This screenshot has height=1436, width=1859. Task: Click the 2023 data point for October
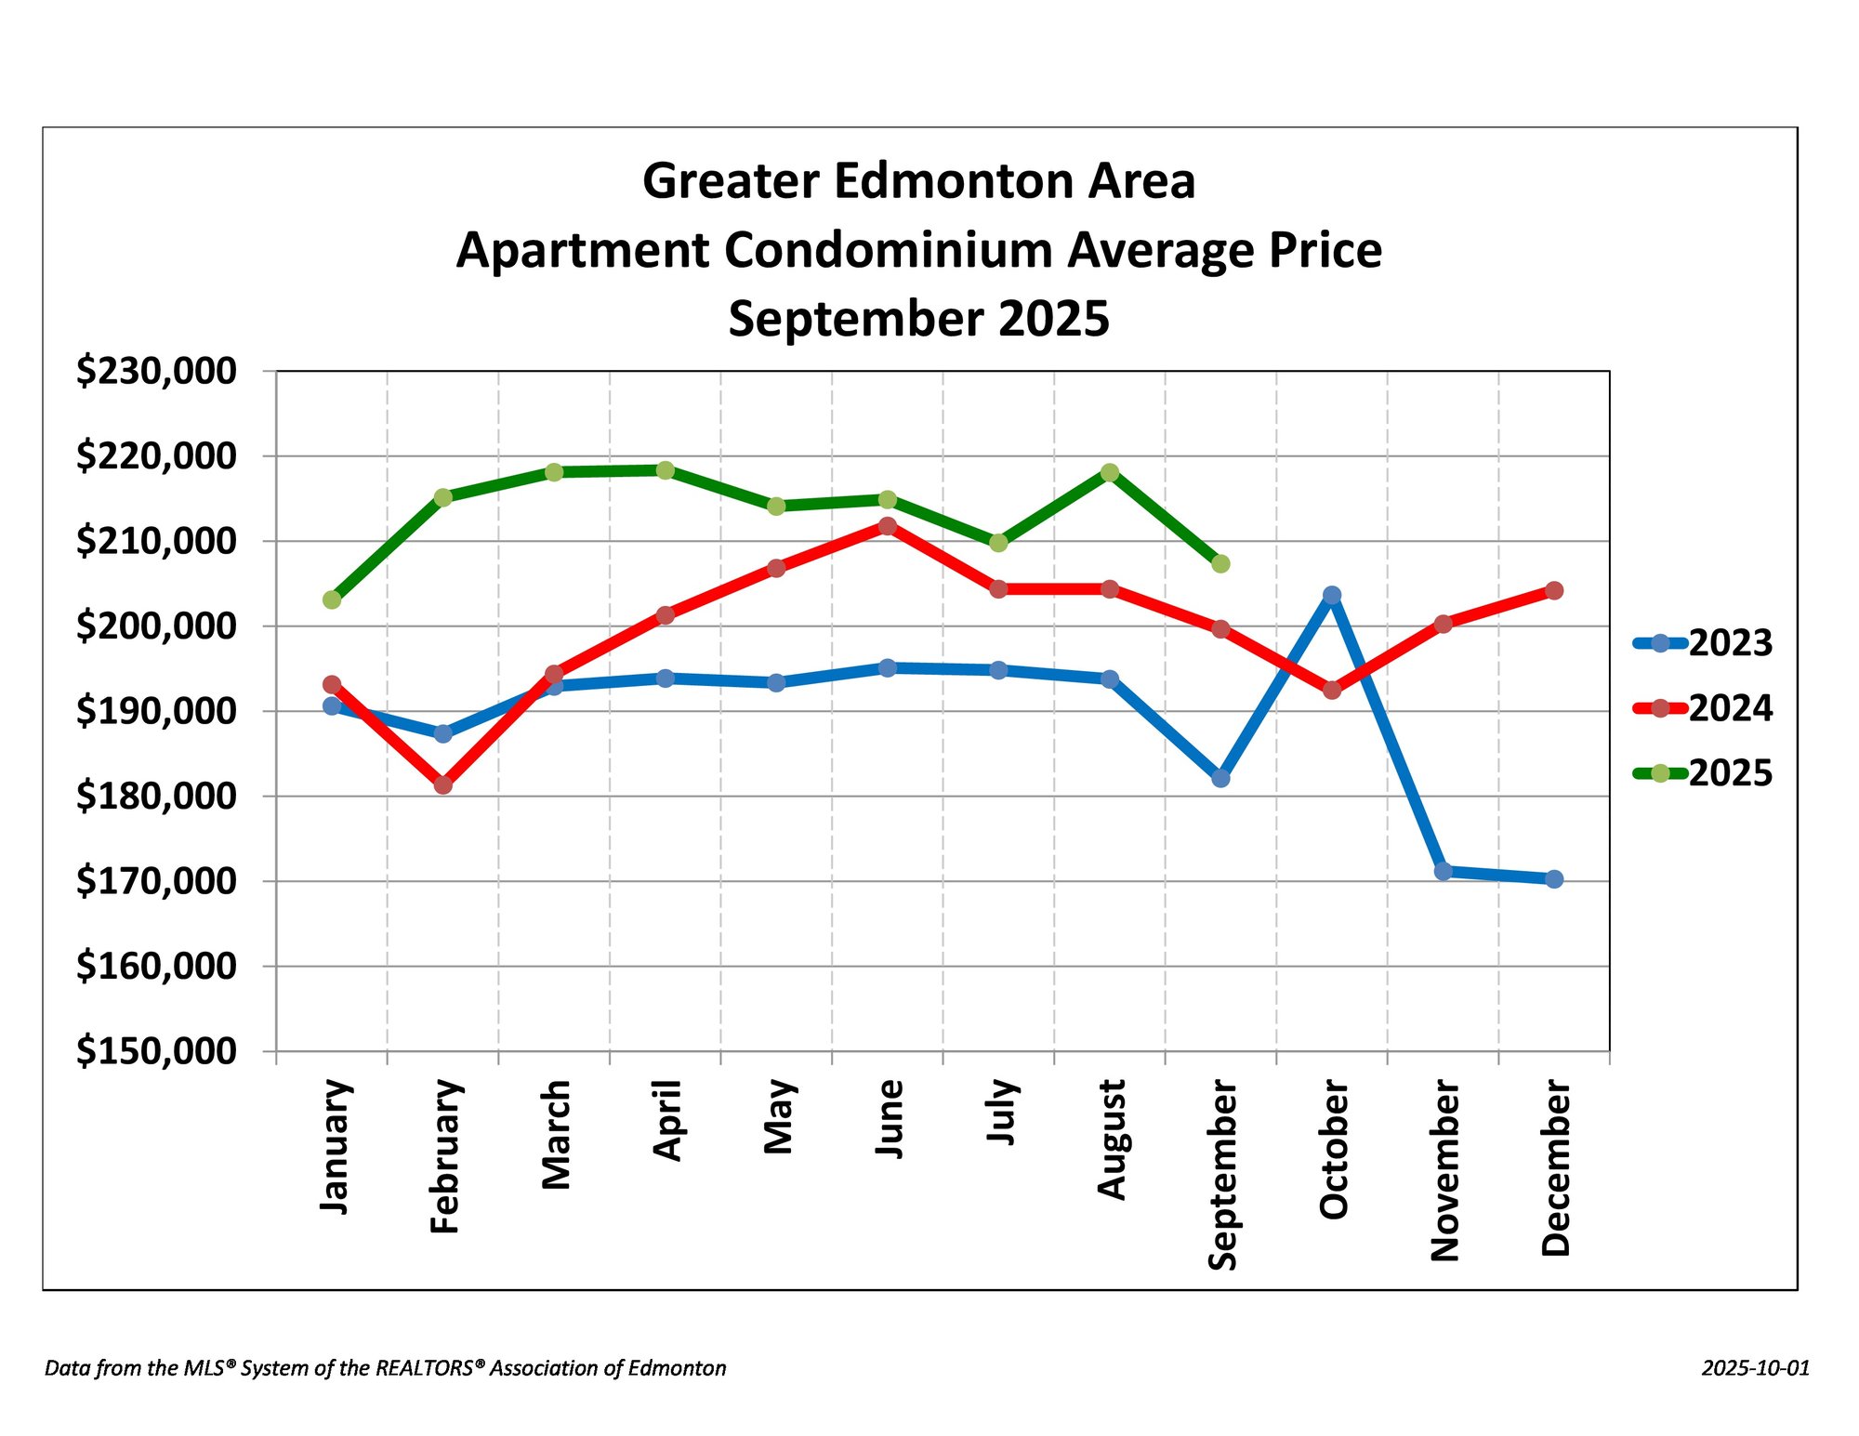(x=1332, y=595)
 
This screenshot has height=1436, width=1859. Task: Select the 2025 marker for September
(x=1220, y=563)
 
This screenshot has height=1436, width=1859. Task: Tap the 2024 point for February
(x=443, y=784)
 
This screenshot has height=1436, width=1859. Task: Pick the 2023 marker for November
(x=1444, y=871)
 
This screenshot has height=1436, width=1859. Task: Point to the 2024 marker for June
(x=888, y=526)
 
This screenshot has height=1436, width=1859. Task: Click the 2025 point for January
(x=332, y=599)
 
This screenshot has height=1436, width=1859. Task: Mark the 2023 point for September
(x=1220, y=778)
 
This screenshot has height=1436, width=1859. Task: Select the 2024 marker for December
(x=1554, y=590)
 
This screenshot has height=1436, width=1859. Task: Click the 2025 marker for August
(x=1110, y=472)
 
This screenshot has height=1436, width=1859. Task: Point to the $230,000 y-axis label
(x=156, y=371)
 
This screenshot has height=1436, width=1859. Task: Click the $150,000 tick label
(x=156, y=1051)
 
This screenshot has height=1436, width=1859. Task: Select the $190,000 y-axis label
(x=156, y=711)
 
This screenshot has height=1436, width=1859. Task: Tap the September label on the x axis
(x=1222, y=1175)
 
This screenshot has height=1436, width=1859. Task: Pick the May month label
(x=778, y=1116)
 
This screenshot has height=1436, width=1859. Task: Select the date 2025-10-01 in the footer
(x=1756, y=1368)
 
